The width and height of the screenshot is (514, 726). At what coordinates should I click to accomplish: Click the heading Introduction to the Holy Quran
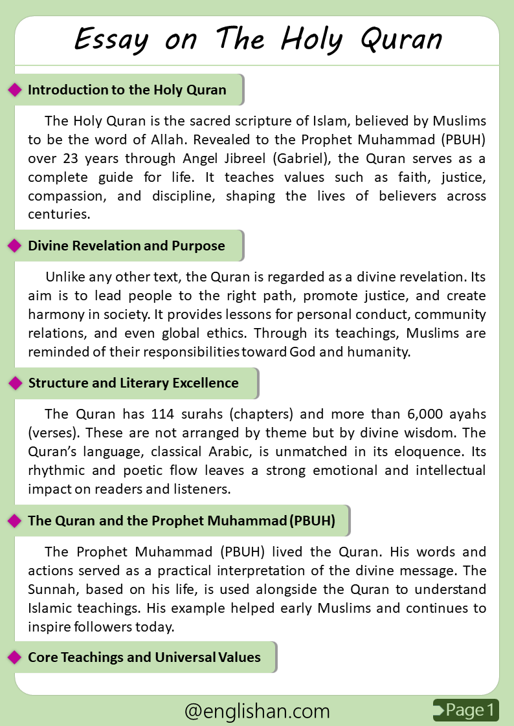click(x=127, y=90)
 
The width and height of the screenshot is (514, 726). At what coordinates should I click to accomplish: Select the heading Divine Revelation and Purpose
click(x=126, y=246)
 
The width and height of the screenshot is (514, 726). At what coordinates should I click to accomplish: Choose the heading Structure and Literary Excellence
click(x=133, y=383)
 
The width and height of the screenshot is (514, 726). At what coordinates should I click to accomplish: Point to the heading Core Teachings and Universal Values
click(x=144, y=657)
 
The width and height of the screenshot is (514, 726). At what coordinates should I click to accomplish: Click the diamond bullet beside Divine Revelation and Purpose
click(x=14, y=246)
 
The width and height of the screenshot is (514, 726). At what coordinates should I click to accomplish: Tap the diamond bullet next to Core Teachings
click(x=14, y=658)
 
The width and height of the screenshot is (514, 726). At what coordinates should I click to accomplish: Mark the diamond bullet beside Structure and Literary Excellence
click(x=14, y=384)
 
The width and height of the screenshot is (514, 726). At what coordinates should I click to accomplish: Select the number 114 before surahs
click(x=163, y=414)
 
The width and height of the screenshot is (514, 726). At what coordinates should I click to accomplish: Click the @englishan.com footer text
click(x=257, y=711)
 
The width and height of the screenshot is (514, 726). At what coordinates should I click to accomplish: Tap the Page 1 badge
click(x=466, y=710)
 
